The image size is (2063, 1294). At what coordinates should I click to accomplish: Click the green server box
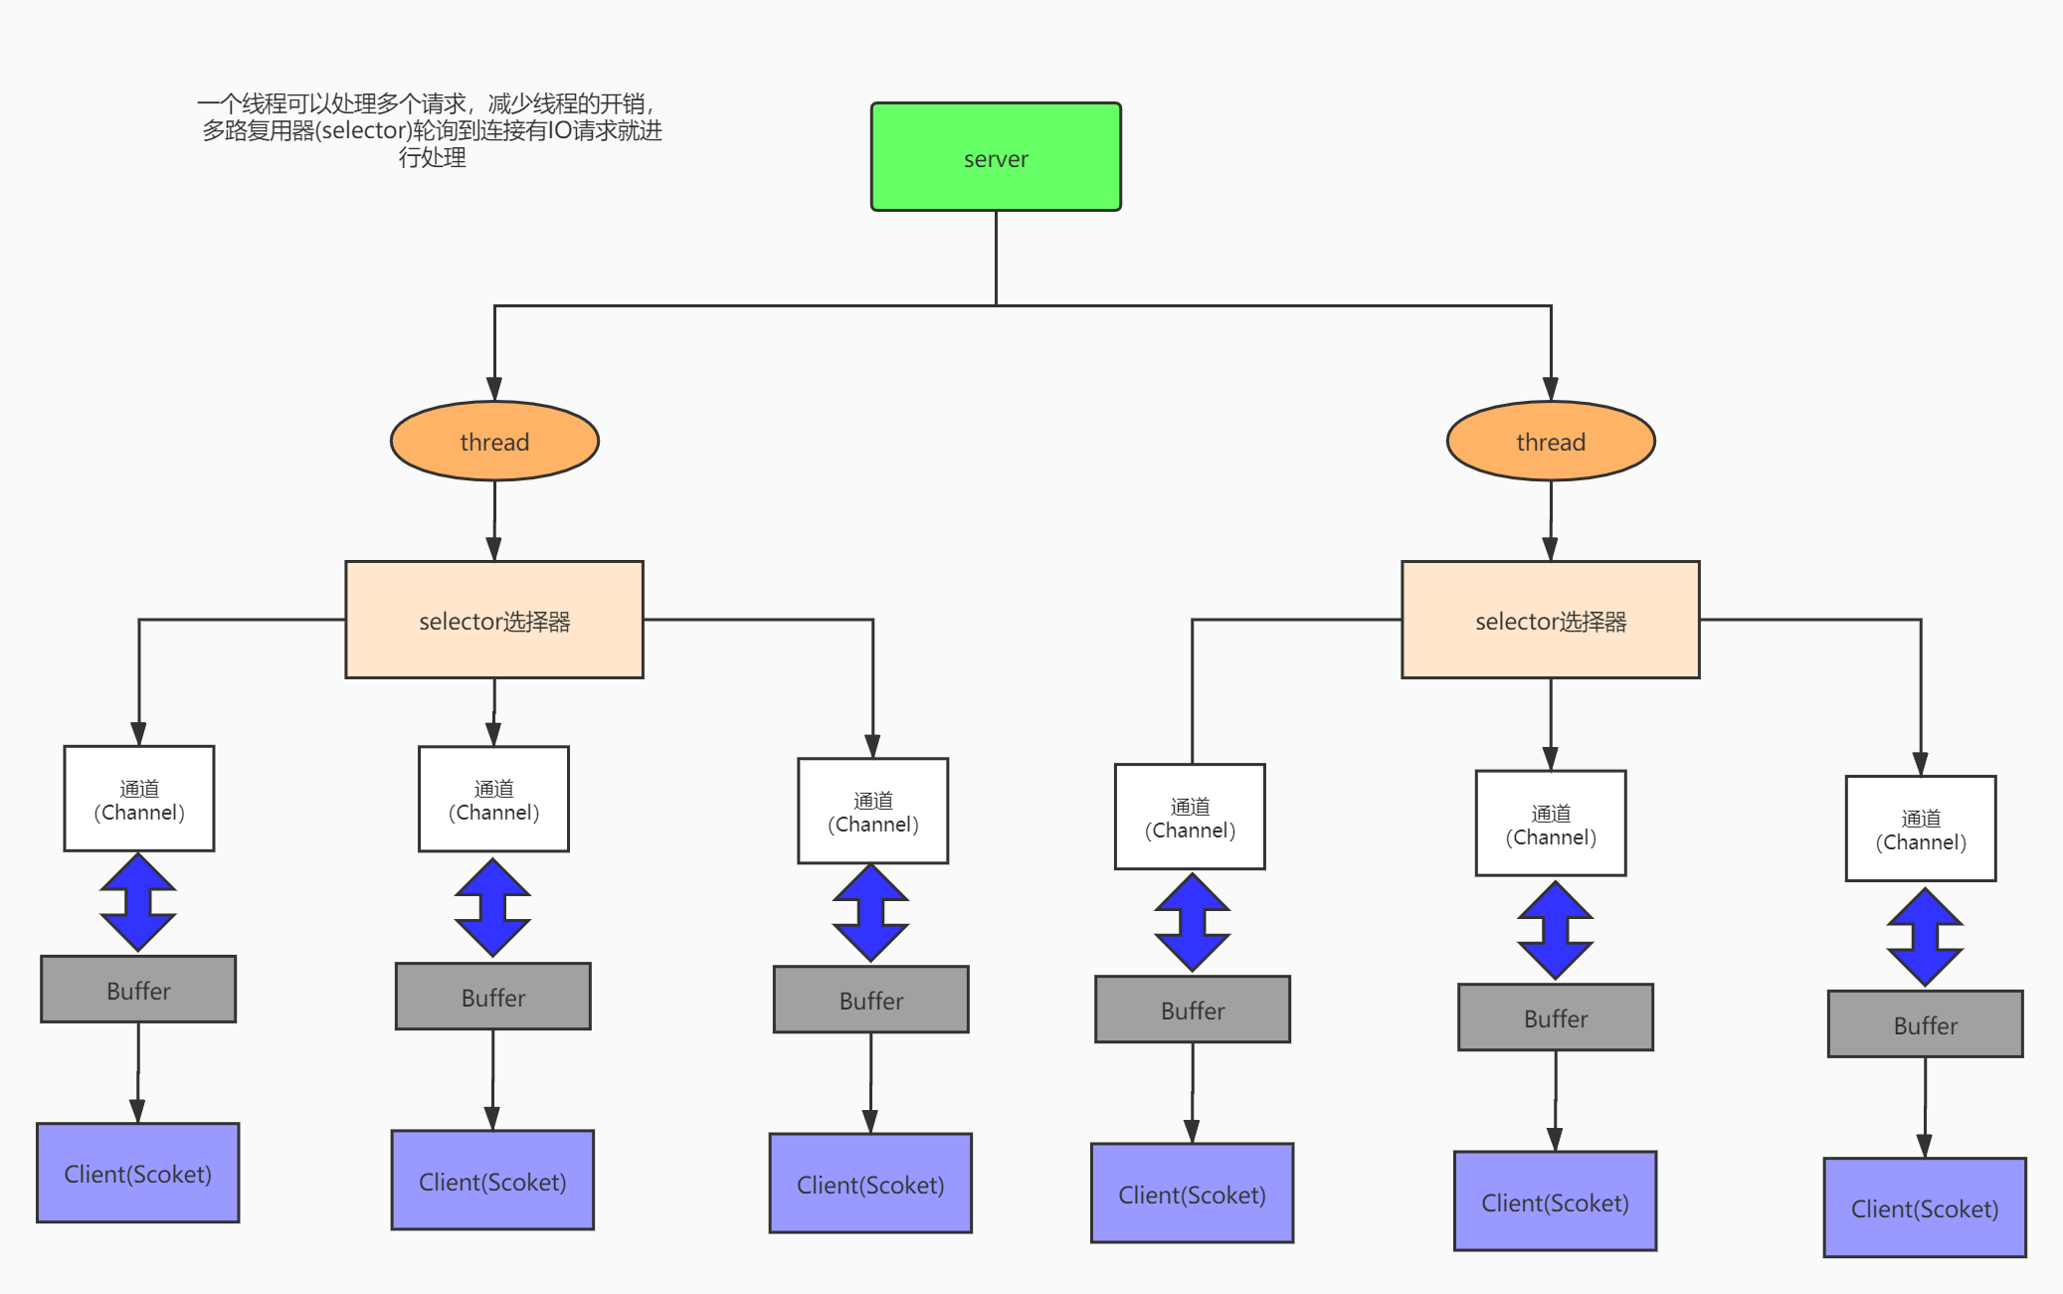click(996, 157)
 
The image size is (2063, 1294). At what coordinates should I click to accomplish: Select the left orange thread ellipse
click(494, 442)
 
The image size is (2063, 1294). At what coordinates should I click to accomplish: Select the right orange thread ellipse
click(1550, 442)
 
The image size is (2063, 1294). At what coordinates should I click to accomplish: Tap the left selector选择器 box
click(494, 621)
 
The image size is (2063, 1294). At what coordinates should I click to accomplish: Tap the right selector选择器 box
click(1550, 621)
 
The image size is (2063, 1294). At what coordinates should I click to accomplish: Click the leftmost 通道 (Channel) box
click(139, 800)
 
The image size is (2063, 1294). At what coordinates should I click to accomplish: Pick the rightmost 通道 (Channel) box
click(1920, 830)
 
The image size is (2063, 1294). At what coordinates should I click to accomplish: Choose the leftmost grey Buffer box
click(138, 990)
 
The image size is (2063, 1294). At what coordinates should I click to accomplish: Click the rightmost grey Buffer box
click(1925, 1024)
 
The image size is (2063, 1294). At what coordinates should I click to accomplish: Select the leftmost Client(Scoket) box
click(138, 1174)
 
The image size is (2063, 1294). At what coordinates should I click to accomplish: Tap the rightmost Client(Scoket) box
click(1924, 1208)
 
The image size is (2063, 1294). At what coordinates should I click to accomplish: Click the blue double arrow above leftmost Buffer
click(138, 902)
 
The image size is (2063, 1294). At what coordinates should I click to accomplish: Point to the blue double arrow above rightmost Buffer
click(1925, 937)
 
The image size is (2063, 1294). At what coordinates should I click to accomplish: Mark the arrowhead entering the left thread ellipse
click(494, 390)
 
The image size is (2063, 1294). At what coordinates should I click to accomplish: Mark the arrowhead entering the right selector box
click(1550, 549)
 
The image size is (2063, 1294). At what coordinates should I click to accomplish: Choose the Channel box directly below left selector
click(493, 800)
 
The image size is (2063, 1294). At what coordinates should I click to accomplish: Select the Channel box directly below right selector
click(1550, 824)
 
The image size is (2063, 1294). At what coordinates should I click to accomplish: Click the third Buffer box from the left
click(870, 1000)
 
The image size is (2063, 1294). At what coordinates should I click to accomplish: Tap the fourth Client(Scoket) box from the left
click(1192, 1194)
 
